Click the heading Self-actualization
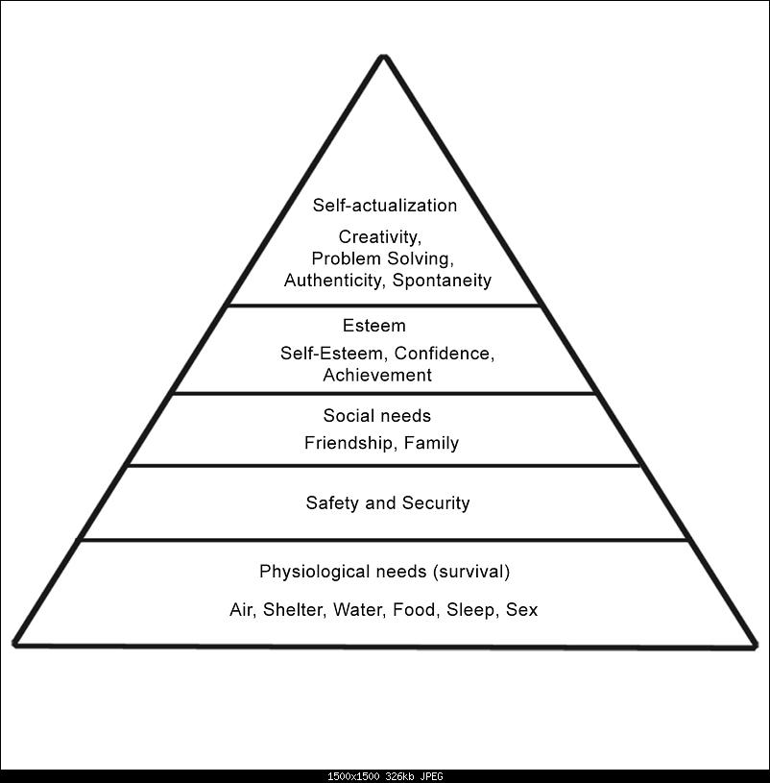[384, 206]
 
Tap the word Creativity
[378, 236]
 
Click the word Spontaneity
[442, 281]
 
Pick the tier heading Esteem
[373, 327]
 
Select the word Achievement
[377, 376]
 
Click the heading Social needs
[376, 416]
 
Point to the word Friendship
[349, 443]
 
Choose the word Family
[431, 443]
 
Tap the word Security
[436, 502]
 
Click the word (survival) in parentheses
[470, 573]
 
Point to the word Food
[415, 610]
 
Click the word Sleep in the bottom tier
[470, 610]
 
